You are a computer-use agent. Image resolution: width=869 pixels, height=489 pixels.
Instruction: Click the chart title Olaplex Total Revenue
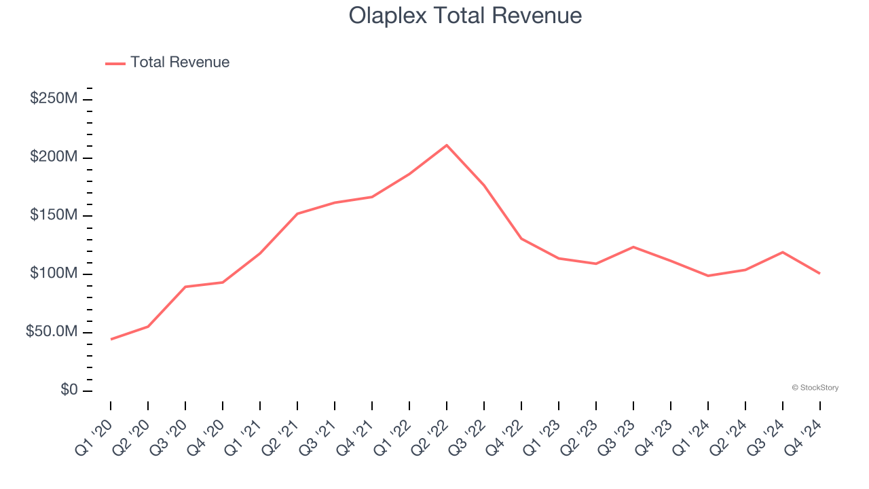pyautogui.click(x=465, y=16)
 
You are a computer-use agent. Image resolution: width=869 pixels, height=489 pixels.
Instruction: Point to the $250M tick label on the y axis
pyautogui.click(x=54, y=98)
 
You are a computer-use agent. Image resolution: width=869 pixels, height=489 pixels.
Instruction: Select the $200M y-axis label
pyautogui.click(x=54, y=157)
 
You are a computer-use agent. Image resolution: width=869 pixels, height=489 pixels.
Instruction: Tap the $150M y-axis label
pyautogui.click(x=54, y=215)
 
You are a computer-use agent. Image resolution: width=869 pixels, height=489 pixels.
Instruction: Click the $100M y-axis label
pyautogui.click(x=54, y=274)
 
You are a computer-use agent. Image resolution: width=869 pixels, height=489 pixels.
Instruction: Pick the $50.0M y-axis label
pyautogui.click(x=52, y=332)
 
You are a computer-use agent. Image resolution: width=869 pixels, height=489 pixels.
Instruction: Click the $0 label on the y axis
pyautogui.click(x=69, y=390)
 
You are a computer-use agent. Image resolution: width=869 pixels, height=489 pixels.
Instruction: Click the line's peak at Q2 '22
pyautogui.click(x=446, y=145)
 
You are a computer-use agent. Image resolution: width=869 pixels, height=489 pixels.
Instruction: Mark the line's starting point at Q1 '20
pyautogui.click(x=111, y=339)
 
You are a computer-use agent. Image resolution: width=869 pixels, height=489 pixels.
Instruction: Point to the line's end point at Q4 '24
pyautogui.click(x=819, y=273)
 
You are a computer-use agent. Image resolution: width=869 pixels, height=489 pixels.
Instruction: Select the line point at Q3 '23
pyautogui.click(x=633, y=247)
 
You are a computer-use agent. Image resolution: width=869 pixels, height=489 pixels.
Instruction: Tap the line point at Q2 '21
pyautogui.click(x=297, y=214)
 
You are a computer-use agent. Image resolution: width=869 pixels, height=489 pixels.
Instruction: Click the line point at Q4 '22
pyautogui.click(x=521, y=238)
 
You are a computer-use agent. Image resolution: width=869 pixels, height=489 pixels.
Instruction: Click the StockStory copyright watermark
pyautogui.click(x=815, y=388)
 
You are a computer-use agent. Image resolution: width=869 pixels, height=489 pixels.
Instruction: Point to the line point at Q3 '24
pyautogui.click(x=782, y=252)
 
